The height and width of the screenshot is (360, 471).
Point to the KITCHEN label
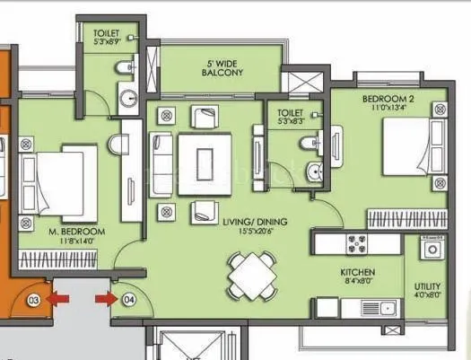[356, 272]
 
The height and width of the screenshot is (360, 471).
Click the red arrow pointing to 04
[106, 298]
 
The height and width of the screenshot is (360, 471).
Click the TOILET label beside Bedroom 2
[291, 113]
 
